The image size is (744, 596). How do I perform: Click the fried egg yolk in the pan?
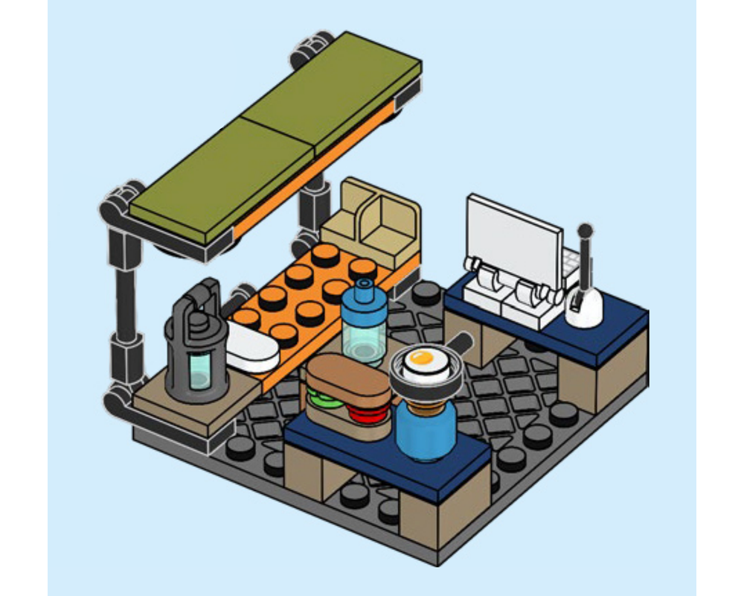click(x=421, y=359)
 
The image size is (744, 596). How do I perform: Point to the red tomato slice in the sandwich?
click(x=370, y=413)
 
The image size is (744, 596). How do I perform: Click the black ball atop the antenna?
click(x=586, y=231)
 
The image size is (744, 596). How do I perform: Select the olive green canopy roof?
click(x=275, y=134)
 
